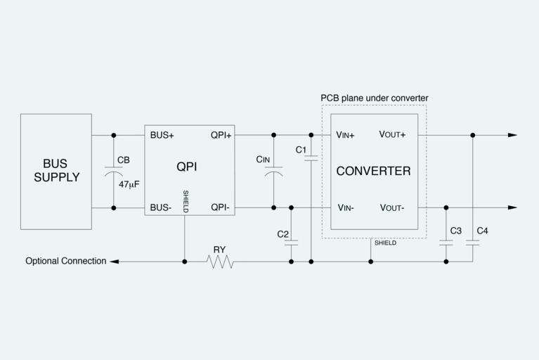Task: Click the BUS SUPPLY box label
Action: pyautogui.click(x=56, y=170)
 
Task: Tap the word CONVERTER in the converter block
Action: pyautogui.click(x=373, y=171)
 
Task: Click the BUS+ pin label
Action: pyautogui.click(x=162, y=135)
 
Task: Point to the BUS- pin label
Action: pyautogui.click(x=162, y=207)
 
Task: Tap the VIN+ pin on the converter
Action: pyautogui.click(x=345, y=135)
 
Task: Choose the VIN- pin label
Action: pyautogui.click(x=345, y=207)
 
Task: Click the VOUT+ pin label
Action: pyautogui.click(x=392, y=135)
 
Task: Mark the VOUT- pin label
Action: pyautogui.click(x=392, y=207)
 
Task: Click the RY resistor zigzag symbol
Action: pyautogui.click(x=220, y=262)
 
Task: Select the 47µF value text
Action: pyautogui.click(x=129, y=184)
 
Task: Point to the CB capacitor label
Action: pyautogui.click(x=123, y=160)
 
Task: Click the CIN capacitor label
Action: pyautogui.click(x=263, y=160)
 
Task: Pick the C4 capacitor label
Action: pyautogui.click(x=482, y=231)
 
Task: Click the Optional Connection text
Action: pyautogui.click(x=66, y=261)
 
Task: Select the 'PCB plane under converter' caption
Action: pyautogui.click(x=374, y=98)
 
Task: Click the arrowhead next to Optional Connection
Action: pyautogui.click(x=115, y=262)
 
